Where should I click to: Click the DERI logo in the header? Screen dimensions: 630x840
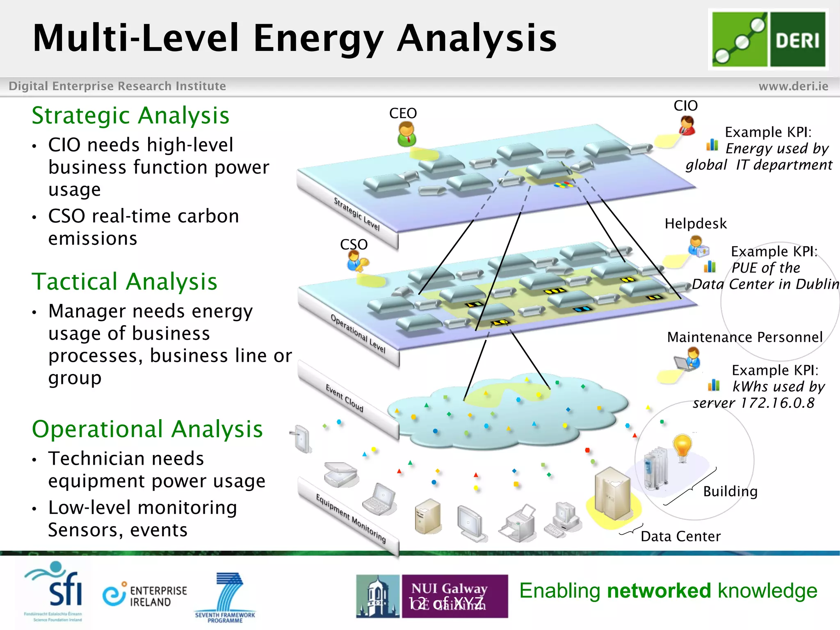pos(768,39)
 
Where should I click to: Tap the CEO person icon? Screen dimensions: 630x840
pos(406,135)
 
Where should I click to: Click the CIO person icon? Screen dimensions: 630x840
pos(687,125)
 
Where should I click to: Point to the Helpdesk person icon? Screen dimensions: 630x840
pos(697,246)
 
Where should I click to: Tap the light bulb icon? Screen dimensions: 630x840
pos(682,448)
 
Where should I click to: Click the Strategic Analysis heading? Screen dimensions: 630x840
pos(130,115)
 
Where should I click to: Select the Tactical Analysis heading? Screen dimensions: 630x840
pos(124,282)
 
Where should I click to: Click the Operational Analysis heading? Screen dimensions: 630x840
pos(147,429)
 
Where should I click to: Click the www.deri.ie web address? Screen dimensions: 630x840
pos(793,86)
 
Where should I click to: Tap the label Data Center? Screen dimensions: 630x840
pos(680,536)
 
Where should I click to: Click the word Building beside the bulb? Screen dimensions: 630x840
pos(730,491)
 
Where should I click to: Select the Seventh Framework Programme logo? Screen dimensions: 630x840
pos(226,597)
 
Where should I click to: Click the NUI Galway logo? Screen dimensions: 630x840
pos(432,596)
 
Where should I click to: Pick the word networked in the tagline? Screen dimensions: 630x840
pos(659,591)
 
